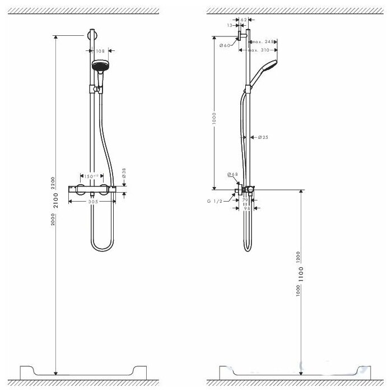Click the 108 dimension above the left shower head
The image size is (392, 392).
click(x=101, y=50)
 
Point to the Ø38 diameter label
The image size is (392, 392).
click(x=124, y=174)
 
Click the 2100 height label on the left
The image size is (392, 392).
click(x=55, y=200)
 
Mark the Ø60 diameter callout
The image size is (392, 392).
click(x=225, y=45)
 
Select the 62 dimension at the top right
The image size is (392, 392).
click(x=244, y=20)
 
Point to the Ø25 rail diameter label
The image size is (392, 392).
click(x=263, y=137)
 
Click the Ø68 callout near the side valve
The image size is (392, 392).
click(x=232, y=175)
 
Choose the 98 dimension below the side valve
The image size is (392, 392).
click(x=246, y=208)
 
